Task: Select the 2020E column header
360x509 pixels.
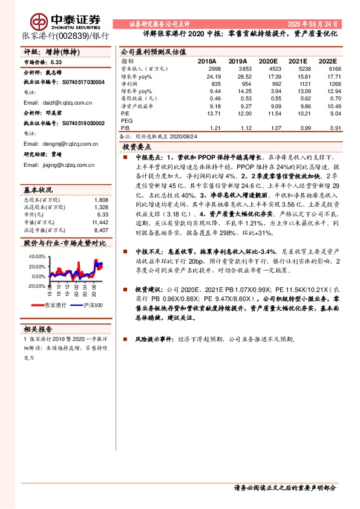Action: pyautogui.click(x=268, y=62)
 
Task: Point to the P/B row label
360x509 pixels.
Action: pyautogui.click(x=125, y=128)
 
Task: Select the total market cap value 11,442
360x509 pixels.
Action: pyautogui.click(x=100, y=222)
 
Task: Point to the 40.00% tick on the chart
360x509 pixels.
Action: pyautogui.click(x=37, y=256)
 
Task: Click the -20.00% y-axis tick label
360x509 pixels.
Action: pyautogui.click(x=36, y=286)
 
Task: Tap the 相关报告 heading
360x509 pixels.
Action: pyautogui.click(x=38, y=329)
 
